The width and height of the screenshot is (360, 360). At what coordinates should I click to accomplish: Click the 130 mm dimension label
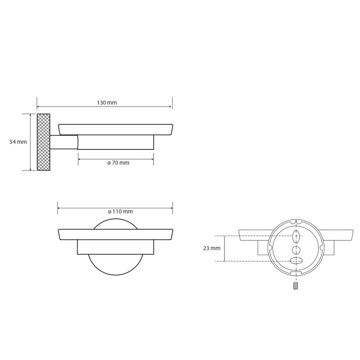click(x=107, y=103)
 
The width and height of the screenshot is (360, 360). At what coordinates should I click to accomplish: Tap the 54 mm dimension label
click(x=18, y=142)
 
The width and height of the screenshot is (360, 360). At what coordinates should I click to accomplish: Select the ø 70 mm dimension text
click(x=118, y=163)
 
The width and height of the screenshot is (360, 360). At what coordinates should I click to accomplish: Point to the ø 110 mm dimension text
click(x=120, y=211)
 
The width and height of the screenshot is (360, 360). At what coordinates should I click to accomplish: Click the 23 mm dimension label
click(x=211, y=248)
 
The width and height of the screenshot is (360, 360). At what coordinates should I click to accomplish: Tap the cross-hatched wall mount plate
click(x=43, y=142)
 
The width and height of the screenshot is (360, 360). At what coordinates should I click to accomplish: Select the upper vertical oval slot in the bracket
click(x=296, y=237)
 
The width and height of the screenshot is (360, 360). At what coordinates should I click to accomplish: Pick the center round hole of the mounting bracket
click(x=296, y=249)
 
